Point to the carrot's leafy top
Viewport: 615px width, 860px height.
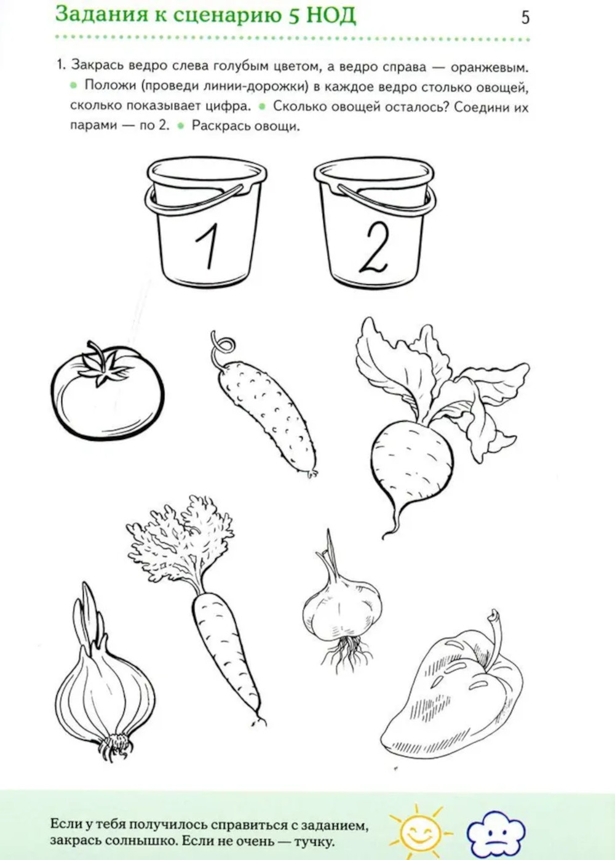[x=180, y=545]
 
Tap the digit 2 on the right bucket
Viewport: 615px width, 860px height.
[x=373, y=249]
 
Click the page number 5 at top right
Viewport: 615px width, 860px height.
[x=525, y=17]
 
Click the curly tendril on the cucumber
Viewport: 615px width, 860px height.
[x=221, y=345]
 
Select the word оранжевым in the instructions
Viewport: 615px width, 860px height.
[x=490, y=68]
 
